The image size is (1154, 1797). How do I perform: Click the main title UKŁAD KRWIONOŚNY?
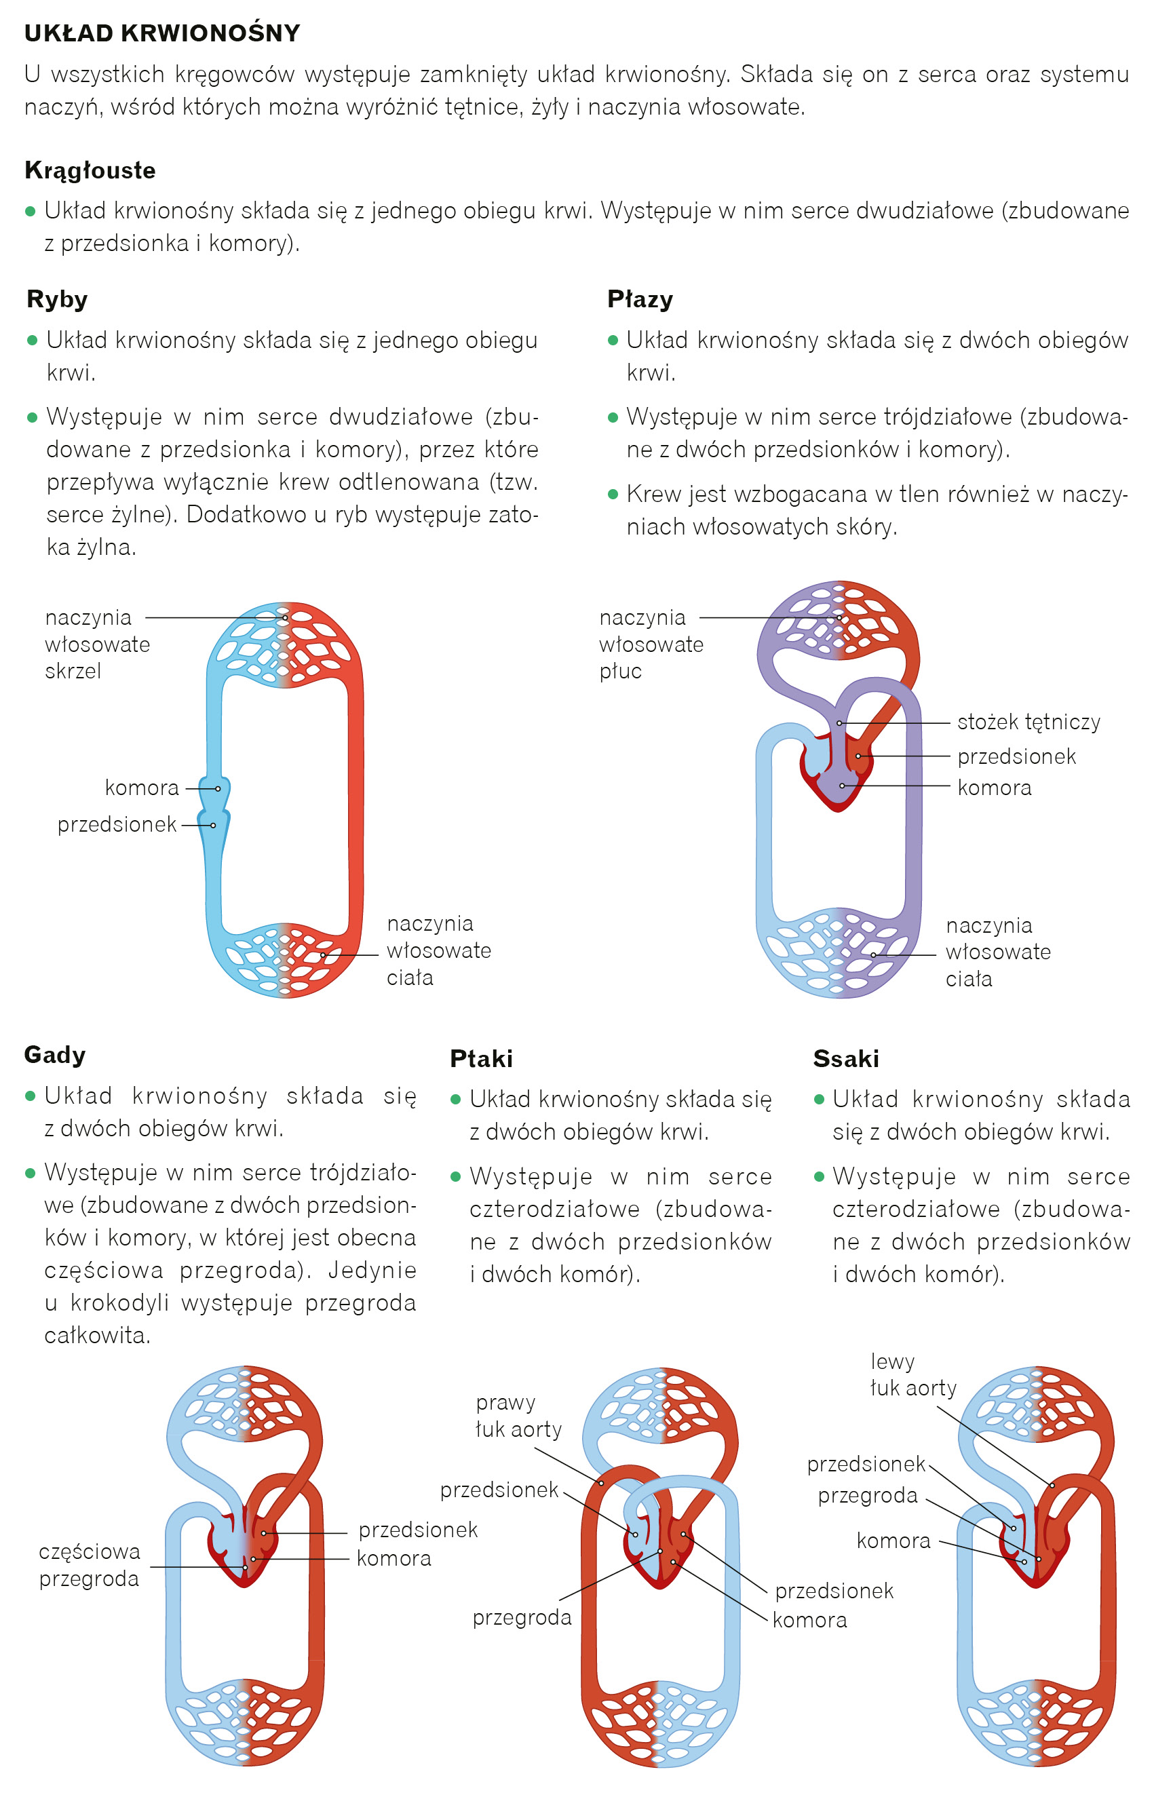(162, 33)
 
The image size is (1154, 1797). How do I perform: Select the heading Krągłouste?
(90, 170)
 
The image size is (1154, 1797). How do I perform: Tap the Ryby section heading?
(57, 299)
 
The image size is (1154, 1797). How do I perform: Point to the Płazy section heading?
(640, 299)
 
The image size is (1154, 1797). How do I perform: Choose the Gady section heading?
(55, 1055)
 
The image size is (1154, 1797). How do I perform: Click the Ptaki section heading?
(481, 1058)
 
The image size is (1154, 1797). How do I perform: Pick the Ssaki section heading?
(846, 1058)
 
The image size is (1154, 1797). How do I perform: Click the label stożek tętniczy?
(1028, 722)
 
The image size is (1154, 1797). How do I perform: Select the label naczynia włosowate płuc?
(651, 644)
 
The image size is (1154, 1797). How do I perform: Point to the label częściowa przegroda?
(89, 1565)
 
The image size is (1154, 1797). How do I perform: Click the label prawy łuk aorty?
(518, 1416)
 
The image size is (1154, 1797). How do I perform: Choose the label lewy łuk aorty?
(912, 1374)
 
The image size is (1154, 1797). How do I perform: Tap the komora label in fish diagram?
(142, 788)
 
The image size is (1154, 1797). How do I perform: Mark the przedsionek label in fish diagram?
(117, 825)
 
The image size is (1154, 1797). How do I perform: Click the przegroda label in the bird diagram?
(522, 1617)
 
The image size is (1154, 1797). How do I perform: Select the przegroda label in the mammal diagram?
(867, 1495)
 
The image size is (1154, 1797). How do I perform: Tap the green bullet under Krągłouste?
(30, 211)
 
